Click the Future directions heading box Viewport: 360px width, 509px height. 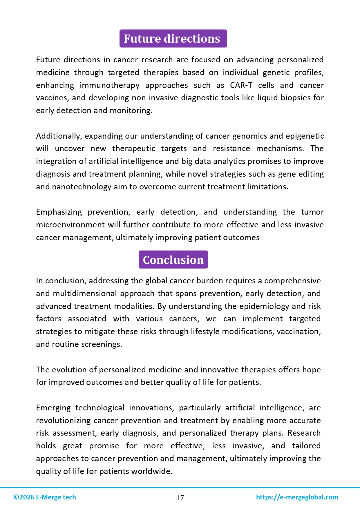point(173,39)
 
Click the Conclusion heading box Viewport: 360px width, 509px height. point(173,260)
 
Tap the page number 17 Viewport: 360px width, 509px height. point(180,498)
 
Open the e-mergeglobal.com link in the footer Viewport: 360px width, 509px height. point(297,497)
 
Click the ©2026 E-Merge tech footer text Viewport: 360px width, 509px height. point(45,497)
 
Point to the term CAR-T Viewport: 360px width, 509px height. point(241,85)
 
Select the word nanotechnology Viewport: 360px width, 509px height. point(82,187)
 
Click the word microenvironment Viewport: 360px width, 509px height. point(71,225)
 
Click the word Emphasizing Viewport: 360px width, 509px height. point(59,212)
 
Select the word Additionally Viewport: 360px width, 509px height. point(59,136)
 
